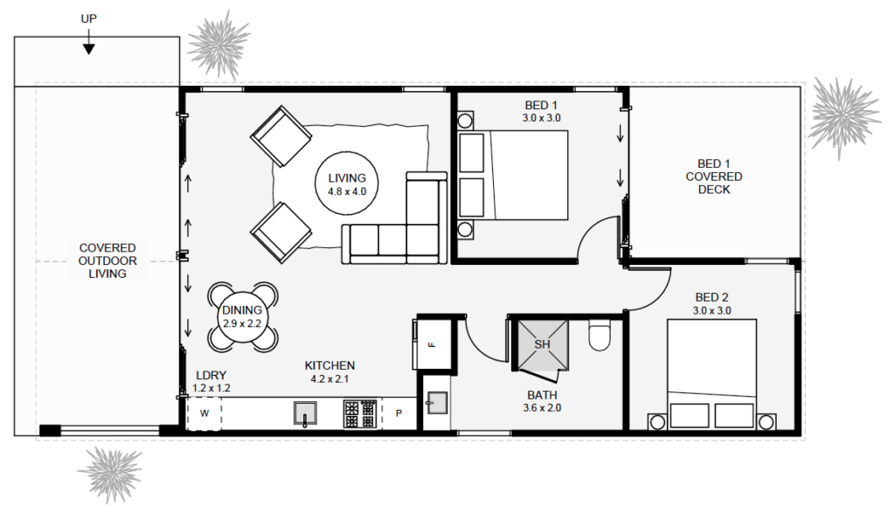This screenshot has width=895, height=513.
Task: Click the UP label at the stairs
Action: [x=88, y=17]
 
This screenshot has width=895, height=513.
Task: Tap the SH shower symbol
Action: [x=542, y=344]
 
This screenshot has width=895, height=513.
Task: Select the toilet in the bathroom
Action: [x=600, y=336]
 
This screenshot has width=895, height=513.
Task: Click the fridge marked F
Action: [x=432, y=344]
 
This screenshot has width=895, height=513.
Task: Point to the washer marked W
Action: [x=205, y=412]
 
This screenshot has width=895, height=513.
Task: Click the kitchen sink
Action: [x=304, y=412]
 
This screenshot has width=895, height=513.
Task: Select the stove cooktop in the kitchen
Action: [x=361, y=412]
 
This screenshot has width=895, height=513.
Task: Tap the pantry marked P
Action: [x=399, y=413]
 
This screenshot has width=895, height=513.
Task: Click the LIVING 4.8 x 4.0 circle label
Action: [x=347, y=184]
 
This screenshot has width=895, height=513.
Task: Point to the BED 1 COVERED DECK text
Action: [x=713, y=177]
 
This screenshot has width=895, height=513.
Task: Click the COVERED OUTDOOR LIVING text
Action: [x=108, y=260]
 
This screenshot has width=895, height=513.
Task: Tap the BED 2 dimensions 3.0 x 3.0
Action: [x=712, y=310]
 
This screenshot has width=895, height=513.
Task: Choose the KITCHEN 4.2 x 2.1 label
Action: [x=330, y=372]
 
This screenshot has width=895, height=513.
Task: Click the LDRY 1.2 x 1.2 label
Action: [x=212, y=381]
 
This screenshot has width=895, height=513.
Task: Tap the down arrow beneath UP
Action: [x=88, y=47]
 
